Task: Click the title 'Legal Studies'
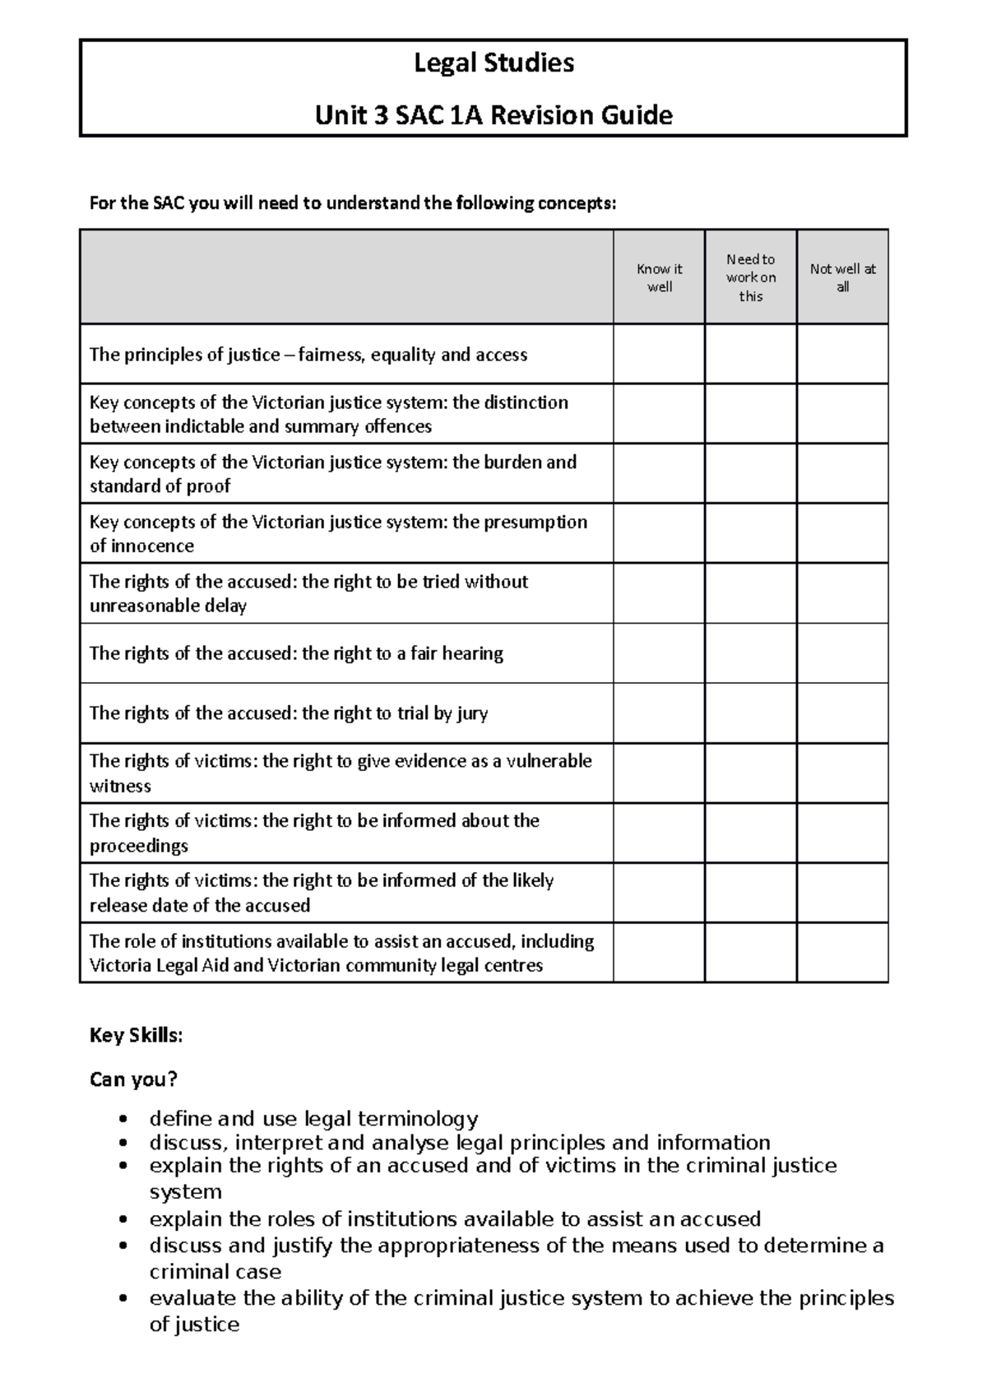click(x=493, y=63)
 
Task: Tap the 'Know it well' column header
click(x=659, y=277)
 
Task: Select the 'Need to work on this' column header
click(x=750, y=277)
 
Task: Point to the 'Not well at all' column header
click(x=842, y=277)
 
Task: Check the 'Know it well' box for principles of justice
click(x=659, y=354)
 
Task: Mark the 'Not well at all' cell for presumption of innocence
click(x=842, y=533)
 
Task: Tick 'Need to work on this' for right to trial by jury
click(x=750, y=712)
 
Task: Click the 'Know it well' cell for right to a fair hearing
click(x=659, y=653)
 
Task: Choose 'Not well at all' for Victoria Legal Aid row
click(x=842, y=952)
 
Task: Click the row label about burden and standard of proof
click(x=333, y=473)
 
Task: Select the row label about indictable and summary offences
click(x=329, y=414)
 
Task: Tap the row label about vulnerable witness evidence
click(x=340, y=773)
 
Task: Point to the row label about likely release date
click(x=322, y=893)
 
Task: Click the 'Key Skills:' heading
click(x=136, y=1035)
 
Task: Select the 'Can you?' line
click(x=133, y=1079)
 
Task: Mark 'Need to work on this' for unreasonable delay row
click(x=750, y=593)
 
